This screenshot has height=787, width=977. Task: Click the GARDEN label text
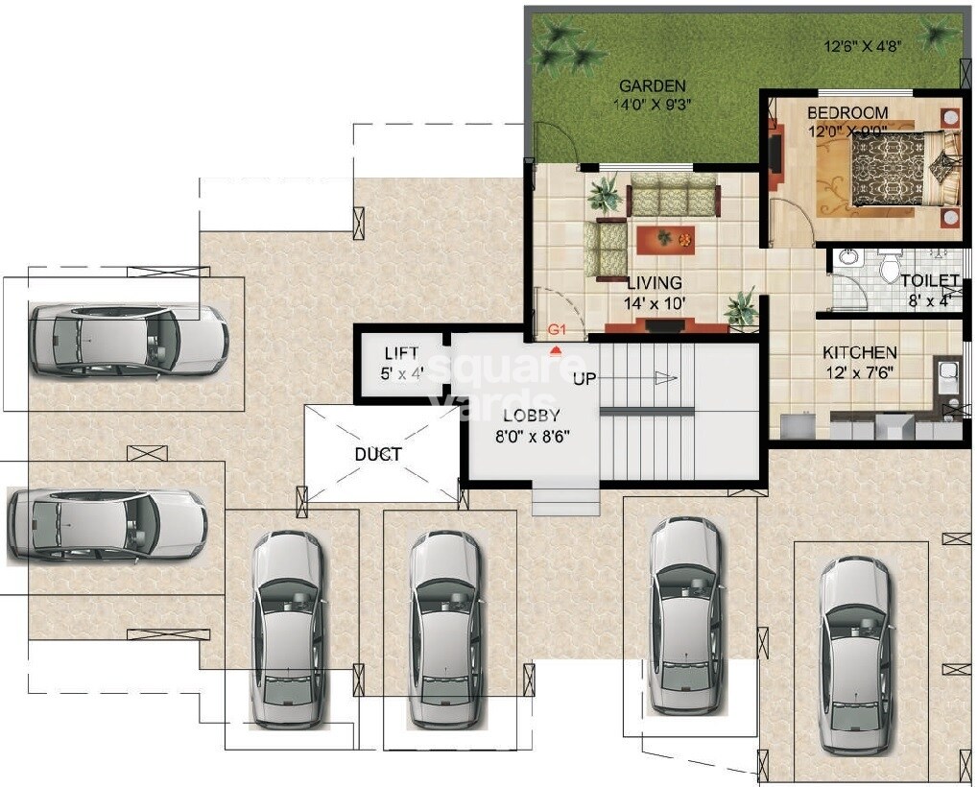tap(653, 86)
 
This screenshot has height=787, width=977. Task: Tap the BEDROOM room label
tap(847, 113)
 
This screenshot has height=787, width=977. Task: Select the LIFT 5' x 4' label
tap(402, 364)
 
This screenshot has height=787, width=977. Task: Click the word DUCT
tap(378, 454)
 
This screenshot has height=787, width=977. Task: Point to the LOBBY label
tap(532, 415)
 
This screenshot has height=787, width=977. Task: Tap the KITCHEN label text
tap(860, 352)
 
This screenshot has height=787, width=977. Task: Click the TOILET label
tap(929, 281)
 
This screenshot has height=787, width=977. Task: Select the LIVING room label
tap(655, 283)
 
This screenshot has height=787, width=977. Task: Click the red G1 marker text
tap(556, 328)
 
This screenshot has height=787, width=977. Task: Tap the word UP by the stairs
tap(584, 378)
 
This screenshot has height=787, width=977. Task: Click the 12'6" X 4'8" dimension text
tap(864, 46)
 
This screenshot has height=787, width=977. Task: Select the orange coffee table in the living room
tap(665, 240)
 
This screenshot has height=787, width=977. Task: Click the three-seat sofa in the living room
tap(673, 195)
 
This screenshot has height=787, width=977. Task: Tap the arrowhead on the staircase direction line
tap(667, 377)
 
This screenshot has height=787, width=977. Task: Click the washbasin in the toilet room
tap(847, 257)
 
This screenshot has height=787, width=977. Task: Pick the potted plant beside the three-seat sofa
tap(604, 193)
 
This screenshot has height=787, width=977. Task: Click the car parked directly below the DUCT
tap(445, 630)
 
